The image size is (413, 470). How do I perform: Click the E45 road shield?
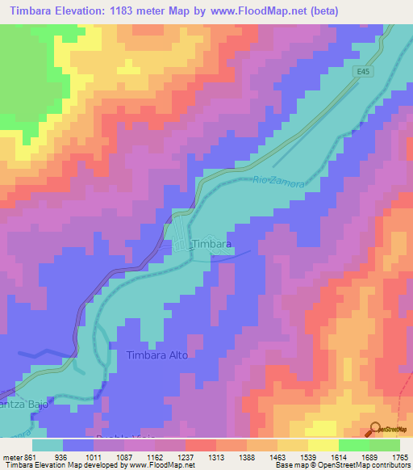(x=366, y=72)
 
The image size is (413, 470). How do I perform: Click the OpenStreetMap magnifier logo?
(x=377, y=429)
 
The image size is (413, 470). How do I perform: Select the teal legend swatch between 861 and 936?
(x=48, y=445)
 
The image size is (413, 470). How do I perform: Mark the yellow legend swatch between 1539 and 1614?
(x=323, y=445)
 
